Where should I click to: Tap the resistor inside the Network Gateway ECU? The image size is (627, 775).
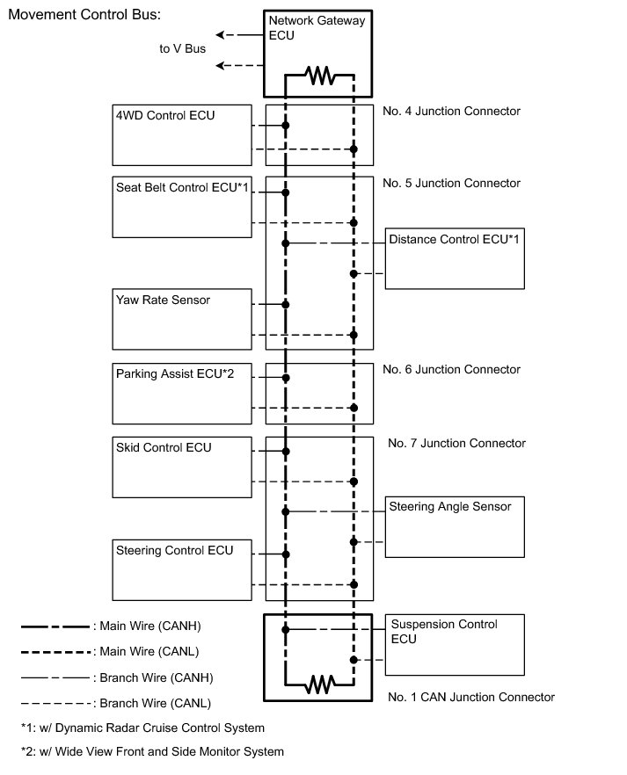tap(319, 77)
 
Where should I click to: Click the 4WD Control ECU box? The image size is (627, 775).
tap(182, 134)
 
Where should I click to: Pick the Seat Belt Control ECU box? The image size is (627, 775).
tap(182, 206)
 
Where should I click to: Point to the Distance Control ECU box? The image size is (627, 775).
tap(455, 259)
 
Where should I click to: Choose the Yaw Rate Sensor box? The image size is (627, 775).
tap(182, 318)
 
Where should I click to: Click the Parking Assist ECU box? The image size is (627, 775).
tap(182, 393)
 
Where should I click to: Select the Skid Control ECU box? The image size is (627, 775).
tap(182, 467)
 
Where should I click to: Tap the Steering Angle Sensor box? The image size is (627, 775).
tap(455, 526)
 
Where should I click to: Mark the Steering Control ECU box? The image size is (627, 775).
tap(182, 569)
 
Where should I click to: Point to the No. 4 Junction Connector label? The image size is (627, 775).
tap(451, 112)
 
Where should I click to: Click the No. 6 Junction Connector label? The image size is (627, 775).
tap(451, 369)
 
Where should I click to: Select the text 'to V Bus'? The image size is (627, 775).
tap(182, 48)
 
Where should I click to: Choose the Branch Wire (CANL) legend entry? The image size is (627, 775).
tap(115, 703)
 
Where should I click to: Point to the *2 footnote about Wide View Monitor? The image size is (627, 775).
tap(152, 751)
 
